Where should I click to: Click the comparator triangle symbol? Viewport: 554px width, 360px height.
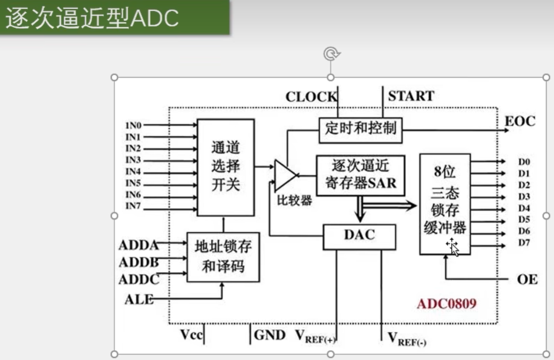[285, 174]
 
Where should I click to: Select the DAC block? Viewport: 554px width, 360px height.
[359, 236]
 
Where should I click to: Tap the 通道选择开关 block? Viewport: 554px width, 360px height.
[226, 166]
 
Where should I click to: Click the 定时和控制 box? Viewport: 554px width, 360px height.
[360, 128]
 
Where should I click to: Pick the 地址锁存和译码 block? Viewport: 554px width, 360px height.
[223, 257]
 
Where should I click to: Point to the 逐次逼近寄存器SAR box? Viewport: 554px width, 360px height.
[360, 174]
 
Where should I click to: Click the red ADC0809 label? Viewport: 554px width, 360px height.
[446, 303]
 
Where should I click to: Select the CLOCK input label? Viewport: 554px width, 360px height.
[311, 96]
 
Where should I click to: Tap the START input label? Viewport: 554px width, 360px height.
[411, 96]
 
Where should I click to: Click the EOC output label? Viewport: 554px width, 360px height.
[520, 122]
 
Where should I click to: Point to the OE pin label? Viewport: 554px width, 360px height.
[527, 280]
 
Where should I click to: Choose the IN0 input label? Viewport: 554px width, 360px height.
[133, 126]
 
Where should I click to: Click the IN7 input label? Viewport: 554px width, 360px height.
[133, 206]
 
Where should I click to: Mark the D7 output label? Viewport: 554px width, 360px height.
[524, 243]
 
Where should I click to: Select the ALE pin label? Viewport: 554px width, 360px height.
[139, 299]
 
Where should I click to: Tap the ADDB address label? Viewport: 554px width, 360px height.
[139, 262]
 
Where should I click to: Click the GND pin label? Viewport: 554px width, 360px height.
[269, 335]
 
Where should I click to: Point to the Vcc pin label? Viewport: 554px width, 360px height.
[191, 335]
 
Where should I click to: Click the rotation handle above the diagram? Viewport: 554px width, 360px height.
[330, 54]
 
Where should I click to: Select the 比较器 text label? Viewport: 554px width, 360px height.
[295, 200]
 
